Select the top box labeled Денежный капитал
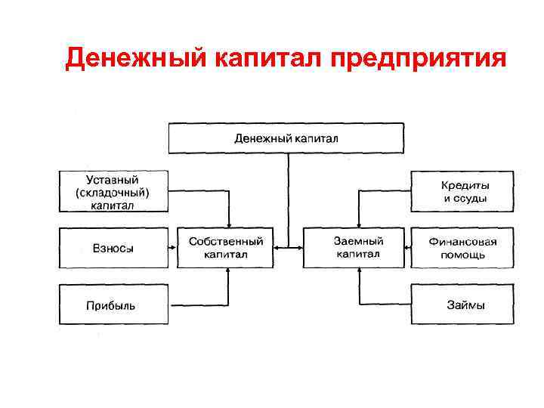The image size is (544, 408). point(286,139)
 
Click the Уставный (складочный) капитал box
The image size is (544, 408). point(113,191)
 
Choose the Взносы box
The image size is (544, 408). point(113,248)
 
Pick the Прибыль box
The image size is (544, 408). point(113,304)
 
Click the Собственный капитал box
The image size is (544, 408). point(226,248)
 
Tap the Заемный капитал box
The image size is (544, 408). point(358,248)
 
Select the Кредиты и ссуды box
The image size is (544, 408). point(462,192)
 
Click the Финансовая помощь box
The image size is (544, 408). point(462,248)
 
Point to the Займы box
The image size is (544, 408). point(462,304)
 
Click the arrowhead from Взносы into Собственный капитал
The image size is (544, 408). point(173,248)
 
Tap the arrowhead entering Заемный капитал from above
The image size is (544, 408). point(359,223)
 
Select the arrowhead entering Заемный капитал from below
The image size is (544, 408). point(359,272)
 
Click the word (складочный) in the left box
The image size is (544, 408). point(113,192)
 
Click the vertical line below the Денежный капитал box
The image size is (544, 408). point(286,196)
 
